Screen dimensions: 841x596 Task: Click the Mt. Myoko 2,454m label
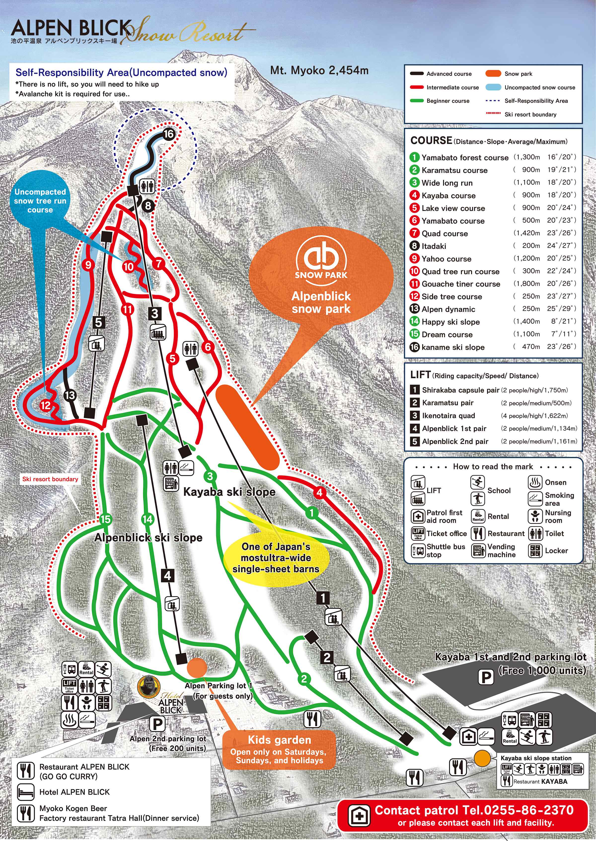(319, 70)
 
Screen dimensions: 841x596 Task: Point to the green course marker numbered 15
(105, 519)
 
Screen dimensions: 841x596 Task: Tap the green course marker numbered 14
(147, 519)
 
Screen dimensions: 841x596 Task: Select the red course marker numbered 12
(45, 405)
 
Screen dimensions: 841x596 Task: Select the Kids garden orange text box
(279, 750)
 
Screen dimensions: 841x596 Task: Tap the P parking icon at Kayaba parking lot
(486, 677)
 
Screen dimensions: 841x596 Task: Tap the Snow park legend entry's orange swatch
(493, 74)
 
